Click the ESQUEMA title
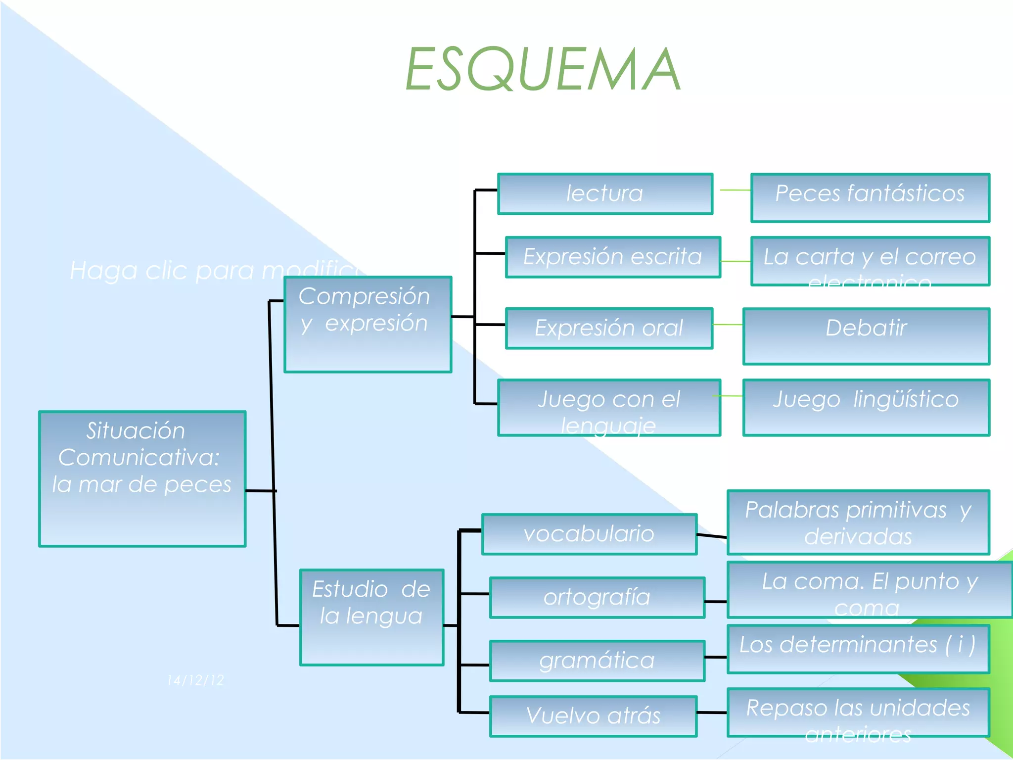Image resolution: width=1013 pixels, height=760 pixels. (543, 69)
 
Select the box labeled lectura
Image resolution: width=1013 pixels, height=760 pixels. (605, 194)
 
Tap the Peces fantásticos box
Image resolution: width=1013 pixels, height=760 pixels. (870, 197)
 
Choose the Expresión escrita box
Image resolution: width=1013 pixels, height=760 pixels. (613, 257)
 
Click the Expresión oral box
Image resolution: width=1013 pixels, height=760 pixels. (609, 329)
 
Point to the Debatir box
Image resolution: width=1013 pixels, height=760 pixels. (866, 336)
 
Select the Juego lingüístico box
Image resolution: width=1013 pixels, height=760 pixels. (866, 408)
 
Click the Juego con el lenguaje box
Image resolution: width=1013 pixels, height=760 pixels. (609, 408)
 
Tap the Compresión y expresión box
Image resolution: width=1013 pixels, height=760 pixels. (368, 325)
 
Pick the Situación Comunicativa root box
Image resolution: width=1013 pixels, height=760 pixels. (142, 479)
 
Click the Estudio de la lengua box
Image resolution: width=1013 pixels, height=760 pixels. (371, 617)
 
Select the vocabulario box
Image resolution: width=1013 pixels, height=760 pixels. (589, 534)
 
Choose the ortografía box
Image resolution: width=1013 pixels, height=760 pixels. (597, 598)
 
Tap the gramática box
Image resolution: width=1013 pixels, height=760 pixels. (597, 661)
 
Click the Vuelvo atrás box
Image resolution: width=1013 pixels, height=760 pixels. (593, 716)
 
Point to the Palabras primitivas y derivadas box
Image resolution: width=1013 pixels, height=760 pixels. (858, 522)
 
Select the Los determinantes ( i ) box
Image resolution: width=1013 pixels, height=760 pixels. (858, 649)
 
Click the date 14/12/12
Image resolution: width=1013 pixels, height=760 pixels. (196, 680)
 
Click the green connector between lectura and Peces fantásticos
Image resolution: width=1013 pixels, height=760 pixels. (735, 190)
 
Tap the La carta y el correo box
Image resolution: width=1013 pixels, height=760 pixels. (870, 261)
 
